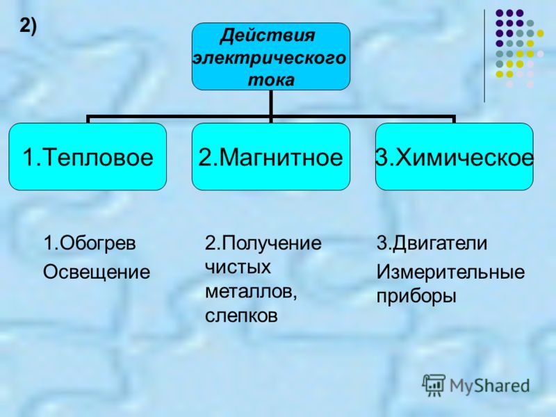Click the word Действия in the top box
coord(268,36)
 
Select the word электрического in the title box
coord(270,58)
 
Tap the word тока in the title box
coord(271,80)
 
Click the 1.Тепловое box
coord(88,157)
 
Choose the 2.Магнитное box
coord(271,157)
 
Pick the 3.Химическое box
coord(455,157)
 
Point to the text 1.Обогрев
coord(90,243)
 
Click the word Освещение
coord(97,272)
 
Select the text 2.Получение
coord(263,243)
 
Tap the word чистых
coord(238,268)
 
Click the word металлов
coord(251,292)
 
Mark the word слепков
coord(241,316)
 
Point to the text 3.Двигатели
coord(432,243)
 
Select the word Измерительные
coord(450,272)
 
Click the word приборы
coord(416,297)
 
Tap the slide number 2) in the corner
coord(28,26)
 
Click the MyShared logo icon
coord(434,385)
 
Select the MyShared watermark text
coord(490,385)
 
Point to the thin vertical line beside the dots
coord(484,56)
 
